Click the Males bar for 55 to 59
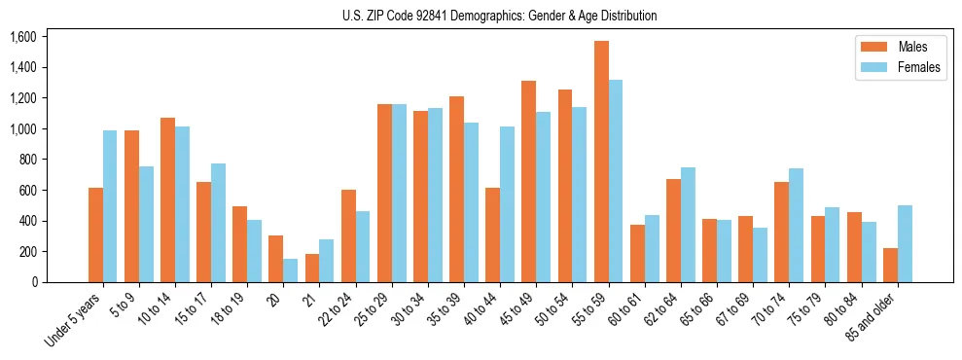pyautogui.click(x=601, y=162)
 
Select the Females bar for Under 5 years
pyautogui.click(x=110, y=206)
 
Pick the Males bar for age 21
pyautogui.click(x=312, y=268)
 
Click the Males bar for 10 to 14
pyautogui.click(x=167, y=199)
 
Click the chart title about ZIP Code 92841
pyautogui.click(x=499, y=16)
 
